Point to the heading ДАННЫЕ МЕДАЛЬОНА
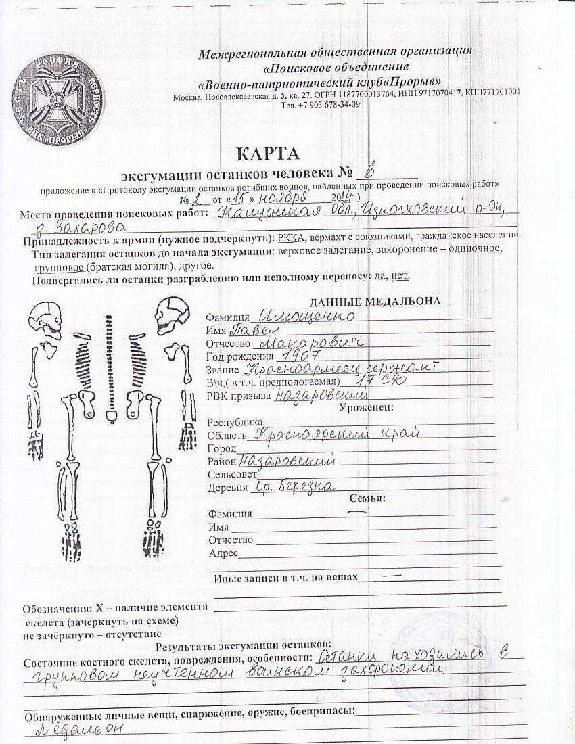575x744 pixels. pyautogui.click(x=375, y=302)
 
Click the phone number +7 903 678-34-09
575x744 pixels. pyautogui.click(x=321, y=106)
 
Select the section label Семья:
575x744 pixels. pyautogui.click(x=367, y=499)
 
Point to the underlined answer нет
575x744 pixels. pyautogui.click(x=400, y=276)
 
